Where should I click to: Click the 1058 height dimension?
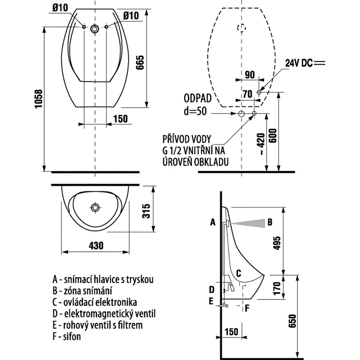pos(39,99)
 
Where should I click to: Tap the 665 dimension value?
pos(140,62)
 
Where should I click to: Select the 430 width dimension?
pos(96,246)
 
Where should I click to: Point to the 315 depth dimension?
pos(146,211)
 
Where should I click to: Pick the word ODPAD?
pos(198,98)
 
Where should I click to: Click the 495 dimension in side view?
pos(277,243)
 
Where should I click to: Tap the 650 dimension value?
pos(293,321)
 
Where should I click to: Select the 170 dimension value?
pos(277,288)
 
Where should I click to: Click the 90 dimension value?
pos(250,75)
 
